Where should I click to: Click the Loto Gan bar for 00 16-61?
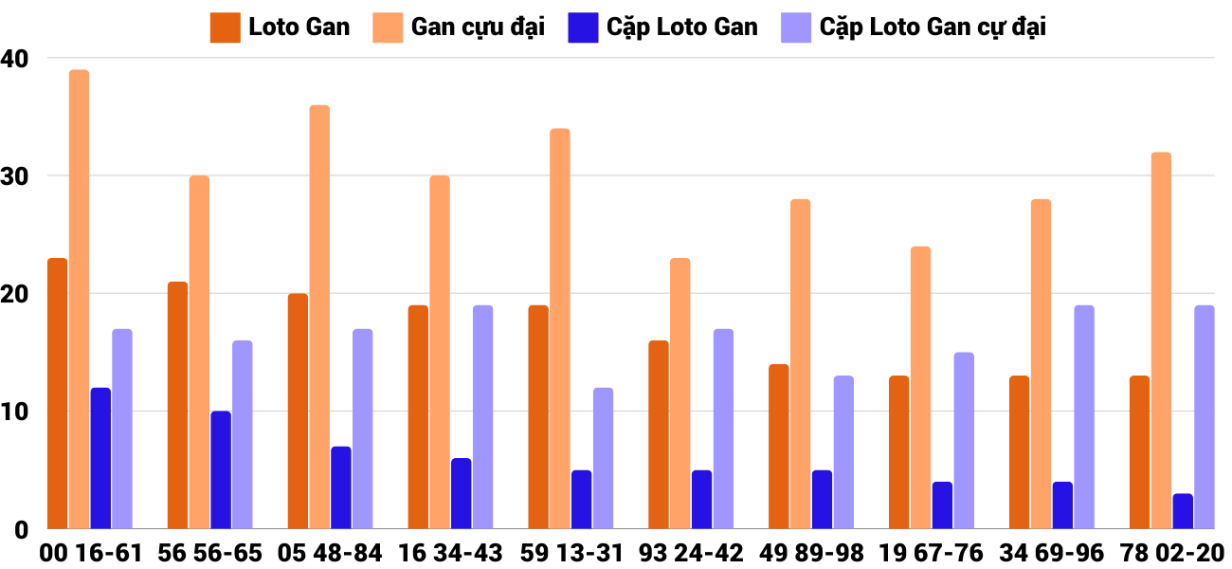[x=57, y=394]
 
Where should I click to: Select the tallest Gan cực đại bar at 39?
[x=79, y=300]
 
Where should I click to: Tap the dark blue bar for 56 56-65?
[x=221, y=470]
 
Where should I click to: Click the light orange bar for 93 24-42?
[x=680, y=394]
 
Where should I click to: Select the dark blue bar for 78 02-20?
[x=1183, y=511]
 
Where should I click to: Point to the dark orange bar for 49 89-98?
[x=778, y=447]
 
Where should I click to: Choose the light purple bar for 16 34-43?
[x=483, y=417]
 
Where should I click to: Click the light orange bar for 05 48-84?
[x=319, y=317]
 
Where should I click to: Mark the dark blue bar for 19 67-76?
[x=942, y=505]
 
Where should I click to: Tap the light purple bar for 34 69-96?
[x=1084, y=417]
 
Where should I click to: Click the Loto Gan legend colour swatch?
[x=225, y=28]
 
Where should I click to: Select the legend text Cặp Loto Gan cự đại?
[x=933, y=28]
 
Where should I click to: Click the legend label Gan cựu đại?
[x=478, y=28]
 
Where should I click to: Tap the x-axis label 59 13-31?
[x=573, y=552]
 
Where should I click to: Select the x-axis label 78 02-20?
[x=1172, y=552]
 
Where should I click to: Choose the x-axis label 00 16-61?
[x=91, y=552]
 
